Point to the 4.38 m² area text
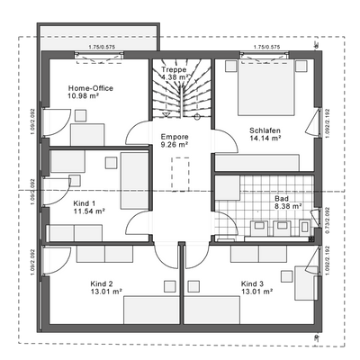click(x=173, y=77)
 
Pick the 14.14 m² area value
click(x=265, y=139)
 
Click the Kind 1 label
click(x=84, y=203)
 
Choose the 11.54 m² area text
click(x=88, y=211)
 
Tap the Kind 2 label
click(x=101, y=283)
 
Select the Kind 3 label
click(x=252, y=283)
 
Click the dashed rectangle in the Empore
click(x=182, y=173)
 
